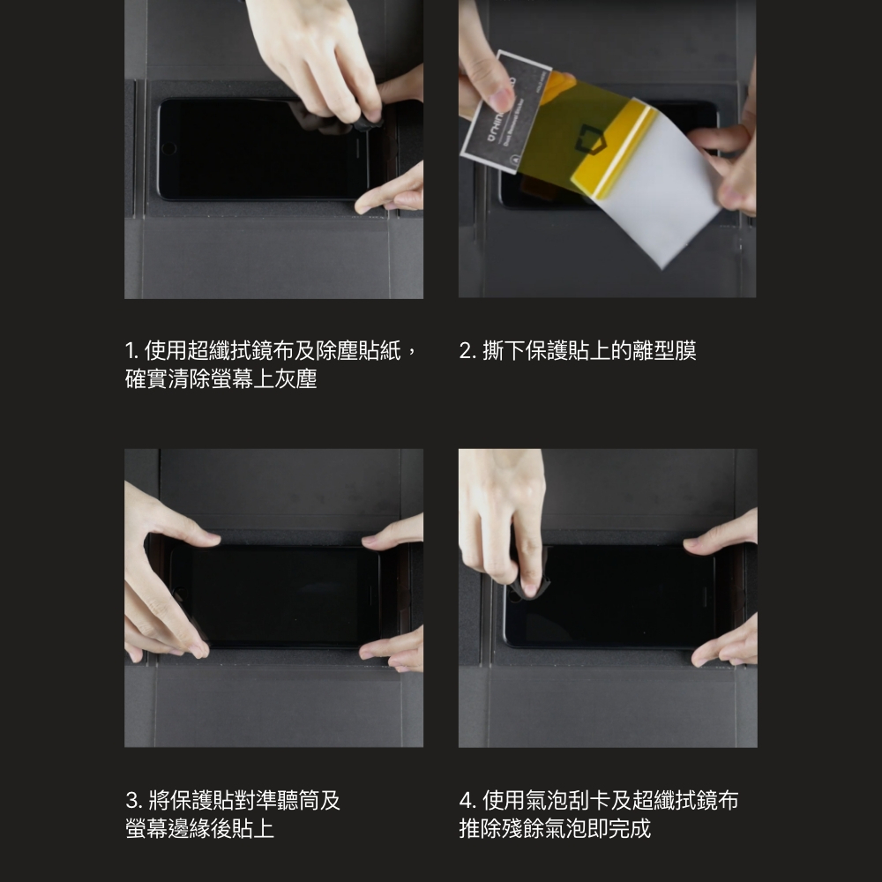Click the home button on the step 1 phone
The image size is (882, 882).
pyautogui.click(x=168, y=148)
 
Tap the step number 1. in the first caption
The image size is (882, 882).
pyautogui.click(x=132, y=351)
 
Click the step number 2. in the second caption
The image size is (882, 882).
pyautogui.click(x=467, y=351)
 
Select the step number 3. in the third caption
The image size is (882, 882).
pyautogui.click(x=134, y=800)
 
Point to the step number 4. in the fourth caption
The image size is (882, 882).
pyautogui.click(x=468, y=800)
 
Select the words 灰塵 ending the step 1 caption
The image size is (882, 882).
pyautogui.click(x=295, y=378)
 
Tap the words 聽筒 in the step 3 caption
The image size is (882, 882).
pyautogui.click(x=288, y=800)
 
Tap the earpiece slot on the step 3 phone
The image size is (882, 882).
pyautogui.click(x=370, y=595)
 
